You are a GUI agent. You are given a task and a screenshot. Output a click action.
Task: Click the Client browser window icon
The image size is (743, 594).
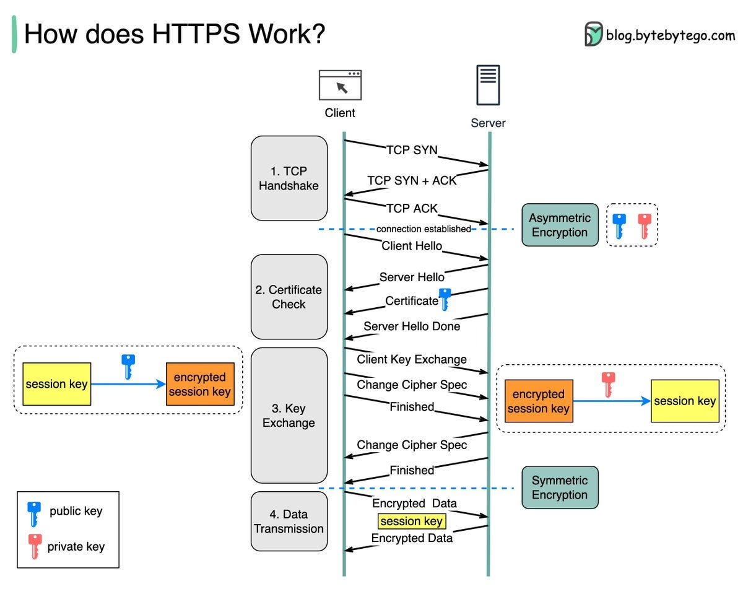(x=340, y=85)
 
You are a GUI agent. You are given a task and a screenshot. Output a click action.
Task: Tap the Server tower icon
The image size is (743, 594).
(x=488, y=85)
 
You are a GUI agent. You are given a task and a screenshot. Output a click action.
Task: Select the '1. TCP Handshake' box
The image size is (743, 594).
(x=289, y=178)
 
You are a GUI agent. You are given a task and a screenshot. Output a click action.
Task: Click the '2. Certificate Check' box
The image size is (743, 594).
(x=289, y=297)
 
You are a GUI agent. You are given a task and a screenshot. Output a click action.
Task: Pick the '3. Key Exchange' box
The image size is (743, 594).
(x=289, y=416)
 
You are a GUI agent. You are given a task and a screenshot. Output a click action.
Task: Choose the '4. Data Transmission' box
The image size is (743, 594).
(x=289, y=522)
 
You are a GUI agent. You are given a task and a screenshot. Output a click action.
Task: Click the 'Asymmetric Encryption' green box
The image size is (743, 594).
(x=560, y=225)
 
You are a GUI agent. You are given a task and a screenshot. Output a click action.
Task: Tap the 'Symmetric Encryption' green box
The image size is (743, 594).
(x=560, y=487)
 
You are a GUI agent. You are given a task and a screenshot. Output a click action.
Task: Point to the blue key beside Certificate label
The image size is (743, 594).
(x=444, y=299)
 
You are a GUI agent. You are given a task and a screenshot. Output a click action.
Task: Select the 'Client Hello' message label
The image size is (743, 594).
(x=412, y=246)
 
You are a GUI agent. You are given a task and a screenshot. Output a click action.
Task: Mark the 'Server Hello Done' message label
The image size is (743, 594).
(x=412, y=326)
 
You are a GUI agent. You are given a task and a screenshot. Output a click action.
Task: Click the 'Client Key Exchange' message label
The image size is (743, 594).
(x=412, y=359)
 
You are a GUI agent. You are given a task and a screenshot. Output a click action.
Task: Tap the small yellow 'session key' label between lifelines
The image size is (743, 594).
(x=412, y=522)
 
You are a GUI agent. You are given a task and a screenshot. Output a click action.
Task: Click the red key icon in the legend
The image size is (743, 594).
(x=35, y=546)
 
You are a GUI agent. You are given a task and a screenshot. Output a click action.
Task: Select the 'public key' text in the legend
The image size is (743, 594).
(x=76, y=511)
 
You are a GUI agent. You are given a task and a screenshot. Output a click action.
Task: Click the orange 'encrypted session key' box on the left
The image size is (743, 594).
(x=200, y=384)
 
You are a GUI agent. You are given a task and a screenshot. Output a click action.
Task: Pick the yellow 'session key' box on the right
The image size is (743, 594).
(x=684, y=401)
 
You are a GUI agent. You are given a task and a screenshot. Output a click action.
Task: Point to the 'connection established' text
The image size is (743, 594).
(x=424, y=229)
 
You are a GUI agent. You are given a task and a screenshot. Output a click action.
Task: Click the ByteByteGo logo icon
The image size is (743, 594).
(x=593, y=34)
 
